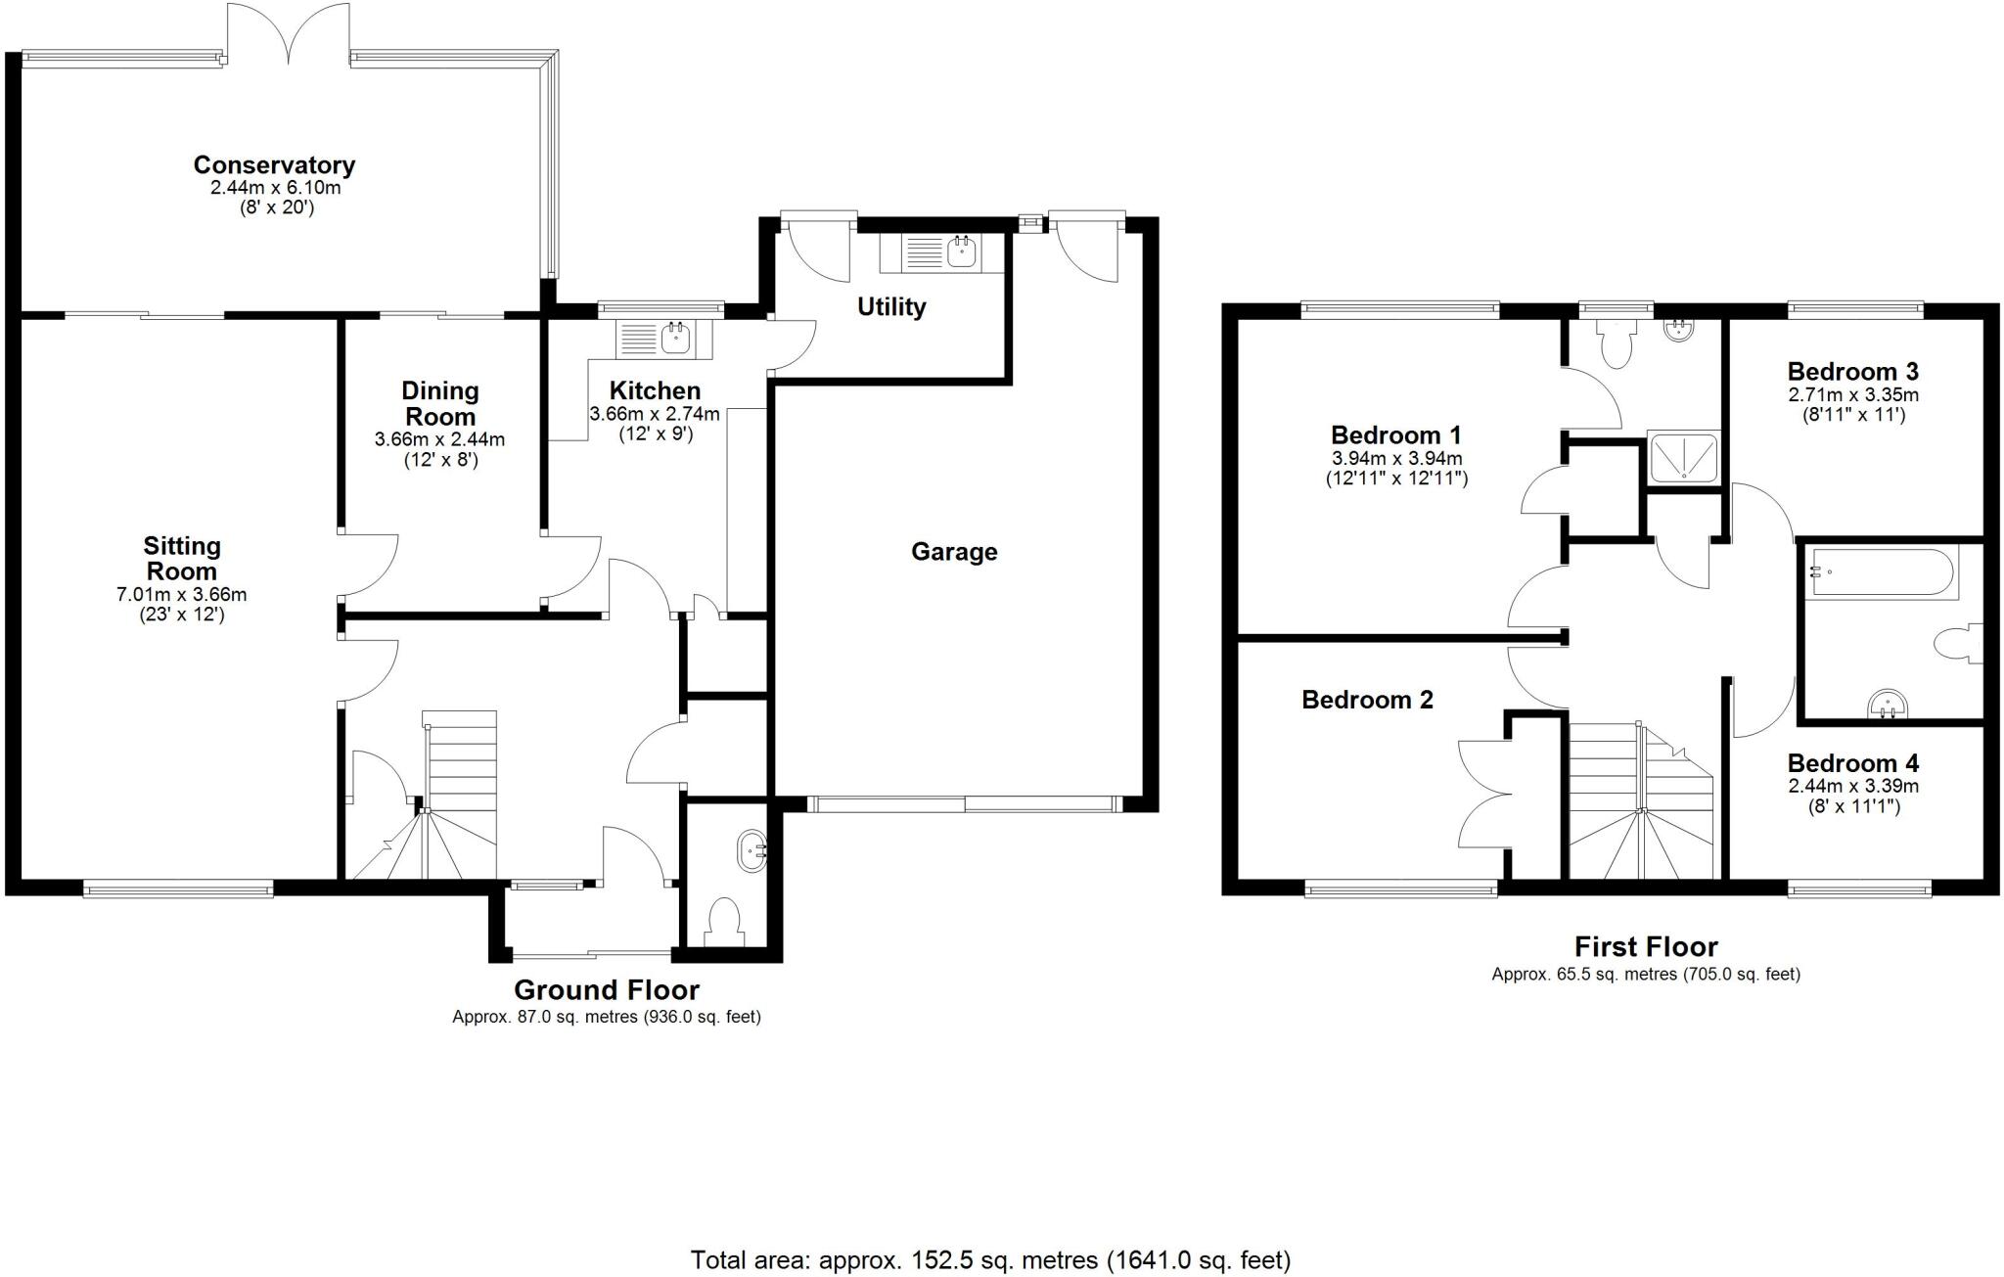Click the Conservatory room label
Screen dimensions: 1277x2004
coord(273,164)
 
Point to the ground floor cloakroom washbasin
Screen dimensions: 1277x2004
coord(751,850)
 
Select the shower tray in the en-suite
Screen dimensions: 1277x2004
coord(1683,457)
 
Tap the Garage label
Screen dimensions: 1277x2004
coord(953,552)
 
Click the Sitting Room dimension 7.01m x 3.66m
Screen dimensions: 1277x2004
coord(181,594)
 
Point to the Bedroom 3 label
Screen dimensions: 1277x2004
coord(1852,372)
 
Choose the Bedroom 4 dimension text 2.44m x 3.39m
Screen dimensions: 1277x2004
coord(1852,786)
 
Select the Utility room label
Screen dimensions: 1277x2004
coord(890,307)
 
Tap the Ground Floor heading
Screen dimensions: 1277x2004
coord(606,989)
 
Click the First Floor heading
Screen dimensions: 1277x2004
coord(1645,946)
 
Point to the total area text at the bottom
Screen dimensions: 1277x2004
coord(990,1260)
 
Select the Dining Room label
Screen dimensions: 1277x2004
coord(439,403)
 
